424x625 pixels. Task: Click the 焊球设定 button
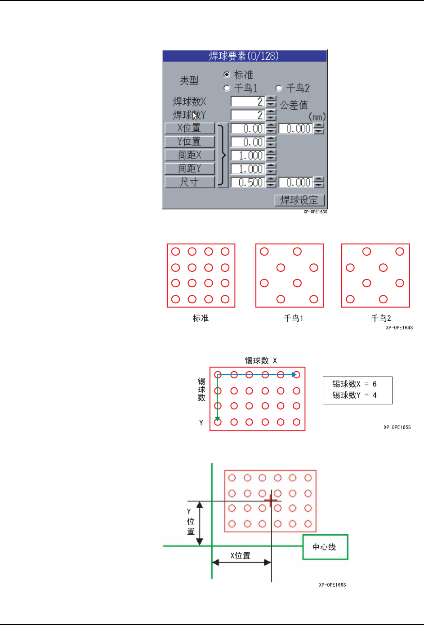click(x=299, y=200)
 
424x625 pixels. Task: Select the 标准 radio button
click(x=227, y=75)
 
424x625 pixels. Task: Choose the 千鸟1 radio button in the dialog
click(x=227, y=88)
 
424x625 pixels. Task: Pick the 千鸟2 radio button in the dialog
click(x=279, y=88)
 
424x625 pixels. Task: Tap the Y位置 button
click(x=189, y=142)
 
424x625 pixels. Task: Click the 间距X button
click(x=189, y=155)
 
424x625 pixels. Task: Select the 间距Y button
click(x=189, y=168)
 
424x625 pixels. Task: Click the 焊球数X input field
click(x=247, y=102)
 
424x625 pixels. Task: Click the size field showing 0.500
click(x=247, y=182)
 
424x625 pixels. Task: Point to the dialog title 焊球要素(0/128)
click(x=244, y=56)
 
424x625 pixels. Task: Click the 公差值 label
click(x=294, y=105)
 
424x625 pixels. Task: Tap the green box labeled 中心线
click(x=325, y=547)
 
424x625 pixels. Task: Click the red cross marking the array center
click(x=271, y=501)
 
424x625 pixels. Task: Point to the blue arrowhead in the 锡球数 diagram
click(x=294, y=374)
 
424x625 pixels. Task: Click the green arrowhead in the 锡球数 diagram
click(x=218, y=419)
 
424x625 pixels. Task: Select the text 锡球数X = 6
click(x=354, y=384)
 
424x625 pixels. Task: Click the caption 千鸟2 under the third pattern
click(x=381, y=318)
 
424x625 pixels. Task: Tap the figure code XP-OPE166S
click(x=332, y=585)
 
